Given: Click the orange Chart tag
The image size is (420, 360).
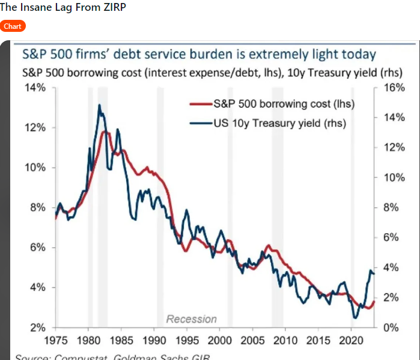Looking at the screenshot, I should point(13,26).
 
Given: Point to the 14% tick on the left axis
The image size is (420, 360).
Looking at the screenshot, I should point(35,88).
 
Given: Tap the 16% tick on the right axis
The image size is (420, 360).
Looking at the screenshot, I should point(394,88).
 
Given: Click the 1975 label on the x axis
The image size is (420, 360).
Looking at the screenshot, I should point(56,340).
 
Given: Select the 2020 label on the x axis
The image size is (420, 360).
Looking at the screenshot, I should point(349,340).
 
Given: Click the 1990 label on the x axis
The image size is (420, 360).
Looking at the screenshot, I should point(153,340).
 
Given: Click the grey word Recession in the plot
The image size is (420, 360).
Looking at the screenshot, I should point(191,319).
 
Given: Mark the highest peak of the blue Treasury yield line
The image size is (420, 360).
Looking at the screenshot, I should point(99,105).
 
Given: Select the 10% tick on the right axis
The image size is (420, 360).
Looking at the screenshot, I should point(394,177).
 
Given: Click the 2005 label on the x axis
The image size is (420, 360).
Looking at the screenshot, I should point(251,340).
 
